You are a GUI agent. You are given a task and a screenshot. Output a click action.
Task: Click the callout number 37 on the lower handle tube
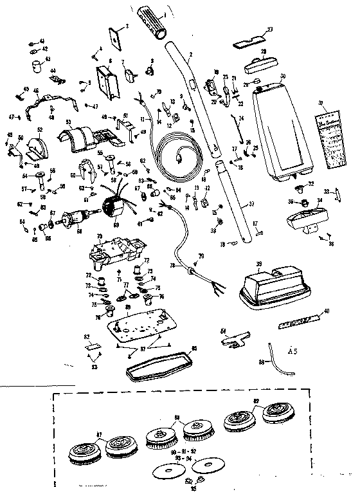252,205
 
